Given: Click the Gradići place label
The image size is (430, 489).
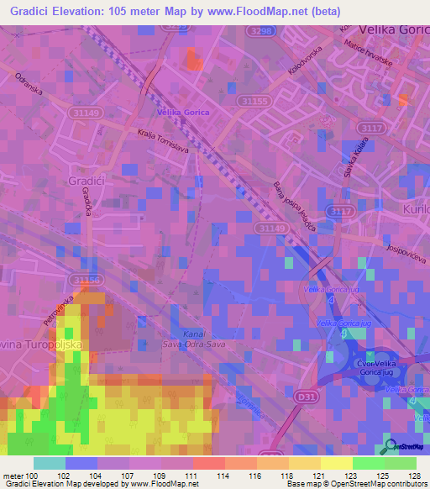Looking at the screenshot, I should (85, 180).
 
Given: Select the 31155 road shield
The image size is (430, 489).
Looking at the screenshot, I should (254, 101).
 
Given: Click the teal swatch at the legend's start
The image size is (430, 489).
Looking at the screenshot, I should (50, 463).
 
